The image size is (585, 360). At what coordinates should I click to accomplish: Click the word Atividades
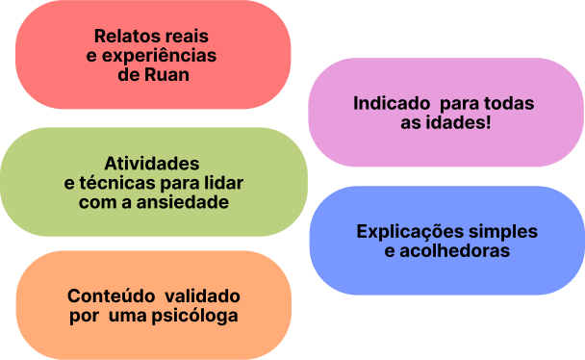[x=152, y=163]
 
